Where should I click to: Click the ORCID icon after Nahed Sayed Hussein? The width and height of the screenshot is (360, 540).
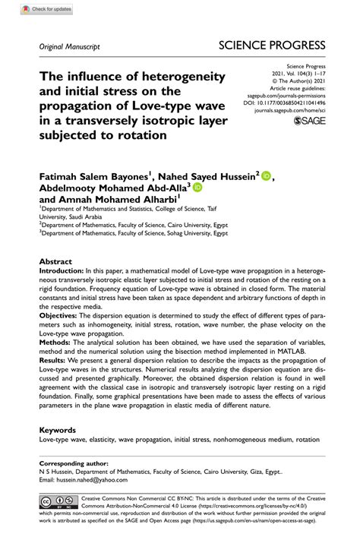pyautogui.click(x=267, y=177)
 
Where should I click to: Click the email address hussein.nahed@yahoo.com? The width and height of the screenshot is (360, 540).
pyautogui.click(x=95, y=480)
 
